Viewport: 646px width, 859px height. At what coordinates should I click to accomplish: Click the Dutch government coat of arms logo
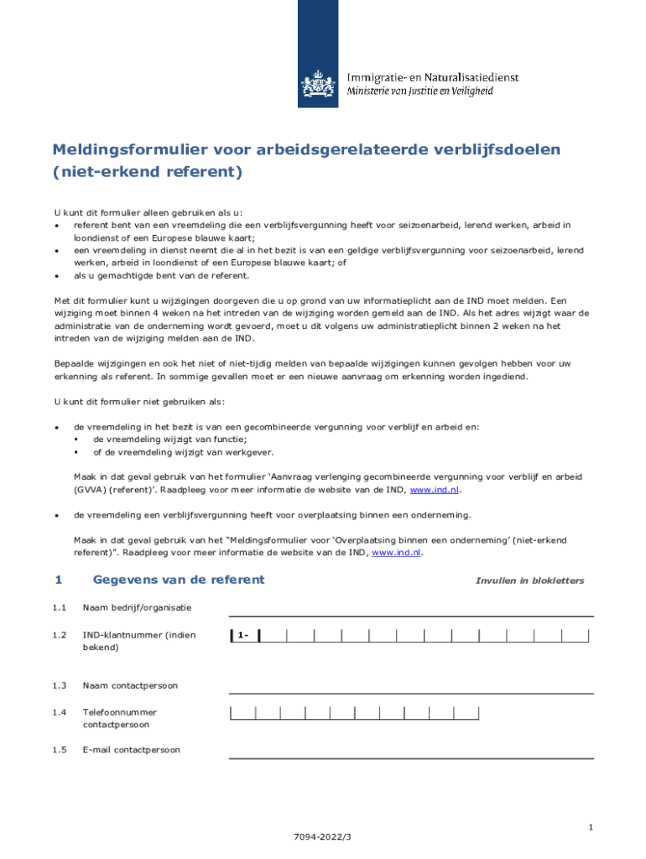click(x=318, y=85)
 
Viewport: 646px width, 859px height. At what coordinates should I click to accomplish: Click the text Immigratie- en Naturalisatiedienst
click(x=433, y=77)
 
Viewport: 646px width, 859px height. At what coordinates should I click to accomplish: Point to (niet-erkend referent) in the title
click(x=147, y=173)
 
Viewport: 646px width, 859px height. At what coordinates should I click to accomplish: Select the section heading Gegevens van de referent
click(x=178, y=580)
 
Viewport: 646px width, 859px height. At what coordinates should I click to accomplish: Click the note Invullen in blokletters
click(x=529, y=580)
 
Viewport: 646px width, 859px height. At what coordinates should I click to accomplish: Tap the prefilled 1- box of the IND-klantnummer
click(x=244, y=635)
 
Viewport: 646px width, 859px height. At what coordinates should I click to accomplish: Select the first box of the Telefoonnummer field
click(x=242, y=713)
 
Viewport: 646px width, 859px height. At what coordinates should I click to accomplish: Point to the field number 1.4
click(x=59, y=712)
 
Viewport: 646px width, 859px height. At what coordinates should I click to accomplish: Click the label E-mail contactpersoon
click(x=131, y=749)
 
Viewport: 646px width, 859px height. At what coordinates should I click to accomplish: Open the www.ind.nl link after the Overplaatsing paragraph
click(x=397, y=553)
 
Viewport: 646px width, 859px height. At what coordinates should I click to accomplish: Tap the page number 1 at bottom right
click(x=591, y=828)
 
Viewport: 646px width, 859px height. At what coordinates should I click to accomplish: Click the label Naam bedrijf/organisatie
click(x=137, y=607)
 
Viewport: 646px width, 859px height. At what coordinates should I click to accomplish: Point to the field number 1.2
click(x=59, y=635)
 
